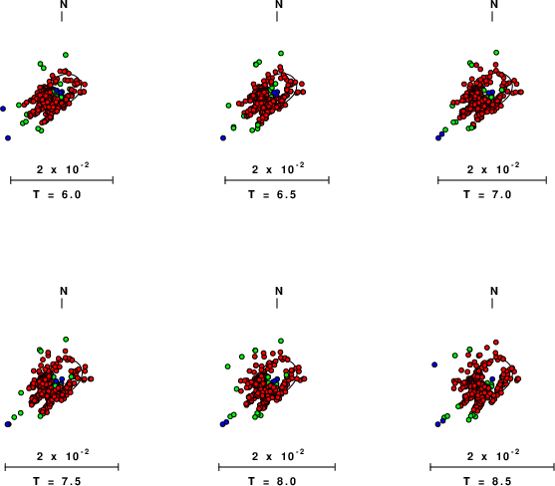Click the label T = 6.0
pyautogui.click(x=57, y=194)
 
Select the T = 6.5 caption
pyautogui.click(x=272, y=194)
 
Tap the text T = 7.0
pyautogui.click(x=487, y=194)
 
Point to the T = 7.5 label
pyautogui.click(x=57, y=481)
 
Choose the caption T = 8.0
pyautogui.click(x=272, y=481)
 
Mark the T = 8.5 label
pyautogui.click(x=487, y=481)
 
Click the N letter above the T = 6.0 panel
pyautogui.click(x=64, y=4)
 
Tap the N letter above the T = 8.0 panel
pyautogui.click(x=279, y=291)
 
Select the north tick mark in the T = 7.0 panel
pyautogui.click(x=492, y=16)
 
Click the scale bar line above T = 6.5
pyautogui.click(x=277, y=180)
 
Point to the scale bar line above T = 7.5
pyautogui.click(x=62, y=467)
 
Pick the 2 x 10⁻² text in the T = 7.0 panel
pyautogui.click(x=493, y=168)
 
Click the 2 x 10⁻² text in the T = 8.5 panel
pyautogui.click(x=493, y=455)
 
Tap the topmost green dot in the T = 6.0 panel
pyautogui.click(x=66, y=55)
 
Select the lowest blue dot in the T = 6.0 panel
pyautogui.click(x=8, y=138)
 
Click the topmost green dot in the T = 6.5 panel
pyautogui.click(x=281, y=54)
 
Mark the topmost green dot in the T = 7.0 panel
pyautogui.click(x=496, y=53)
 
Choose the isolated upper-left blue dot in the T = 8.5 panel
pyautogui.click(x=434, y=364)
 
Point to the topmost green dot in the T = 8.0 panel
pyautogui.click(x=281, y=341)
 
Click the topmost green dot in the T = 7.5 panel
pyautogui.click(x=66, y=340)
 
